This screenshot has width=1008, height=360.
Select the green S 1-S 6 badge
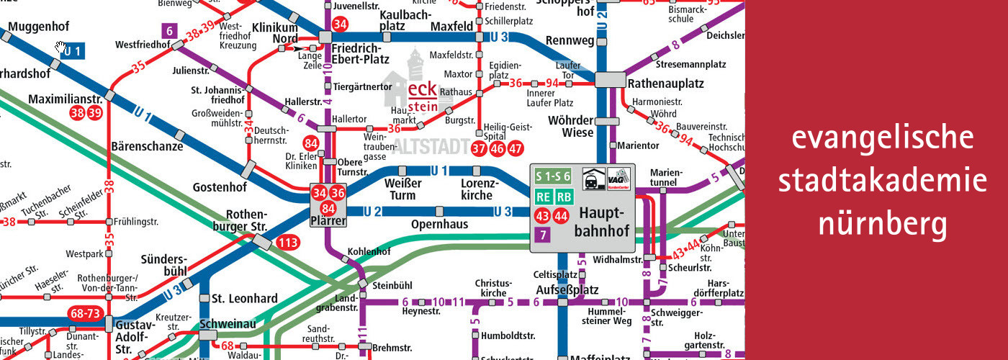coord(553,176)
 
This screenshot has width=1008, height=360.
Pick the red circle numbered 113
coord(288,243)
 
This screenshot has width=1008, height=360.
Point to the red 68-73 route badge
coord(85,314)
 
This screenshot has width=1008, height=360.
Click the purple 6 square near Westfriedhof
coord(169,31)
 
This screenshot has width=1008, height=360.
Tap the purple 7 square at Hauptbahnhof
coord(542,234)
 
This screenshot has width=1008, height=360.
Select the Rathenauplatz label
coord(665,84)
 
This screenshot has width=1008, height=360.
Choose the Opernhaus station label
coord(439,225)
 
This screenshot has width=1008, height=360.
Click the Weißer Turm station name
coord(402,189)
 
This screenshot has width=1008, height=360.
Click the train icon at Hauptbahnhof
coord(593,177)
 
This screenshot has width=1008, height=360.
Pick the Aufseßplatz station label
coord(567,289)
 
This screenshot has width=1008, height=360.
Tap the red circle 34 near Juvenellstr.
coord(341,24)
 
